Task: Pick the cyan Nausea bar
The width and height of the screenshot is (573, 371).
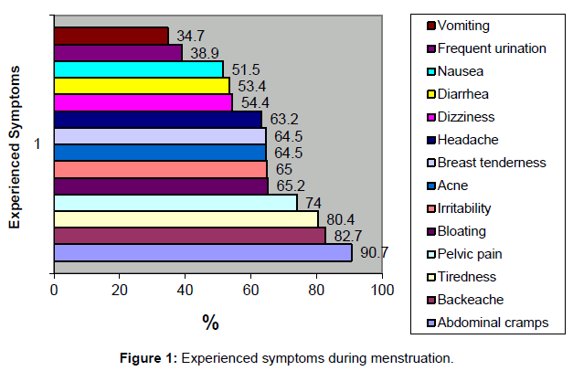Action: click(138, 69)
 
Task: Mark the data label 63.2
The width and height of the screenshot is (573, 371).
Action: click(278, 119)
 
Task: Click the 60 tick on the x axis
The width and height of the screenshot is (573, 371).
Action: click(250, 291)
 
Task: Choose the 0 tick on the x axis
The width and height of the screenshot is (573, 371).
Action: click(54, 291)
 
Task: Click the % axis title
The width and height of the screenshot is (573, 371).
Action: click(210, 322)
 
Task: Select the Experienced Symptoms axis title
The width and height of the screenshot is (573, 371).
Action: click(16, 153)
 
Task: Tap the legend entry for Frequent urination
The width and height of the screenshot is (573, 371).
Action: click(492, 48)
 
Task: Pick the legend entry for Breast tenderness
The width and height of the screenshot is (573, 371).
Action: click(492, 162)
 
